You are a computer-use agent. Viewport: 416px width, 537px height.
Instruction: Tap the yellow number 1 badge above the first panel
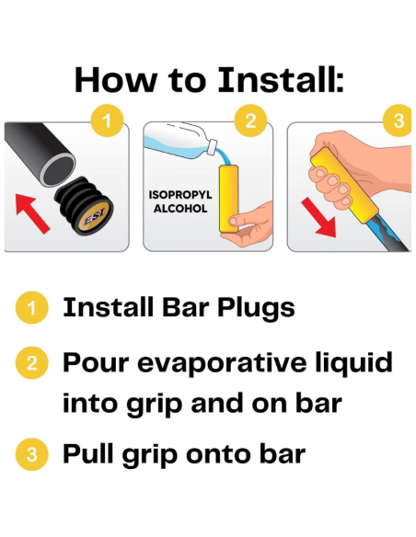tap(107, 120)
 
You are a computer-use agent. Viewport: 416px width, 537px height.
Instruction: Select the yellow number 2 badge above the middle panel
tap(250, 120)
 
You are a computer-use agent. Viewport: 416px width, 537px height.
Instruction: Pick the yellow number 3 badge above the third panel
tap(398, 120)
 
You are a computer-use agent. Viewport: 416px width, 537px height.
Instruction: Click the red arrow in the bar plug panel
tap(32, 213)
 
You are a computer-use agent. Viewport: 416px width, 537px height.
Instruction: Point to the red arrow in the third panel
tap(318, 219)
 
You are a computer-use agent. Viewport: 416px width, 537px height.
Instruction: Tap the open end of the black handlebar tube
tap(58, 169)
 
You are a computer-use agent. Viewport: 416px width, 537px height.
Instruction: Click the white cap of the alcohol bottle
tap(212, 145)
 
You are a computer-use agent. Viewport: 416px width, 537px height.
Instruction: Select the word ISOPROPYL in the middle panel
tap(180, 195)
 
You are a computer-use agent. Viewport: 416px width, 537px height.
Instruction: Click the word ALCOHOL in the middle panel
tap(180, 209)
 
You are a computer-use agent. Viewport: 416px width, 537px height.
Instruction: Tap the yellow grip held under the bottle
tap(228, 199)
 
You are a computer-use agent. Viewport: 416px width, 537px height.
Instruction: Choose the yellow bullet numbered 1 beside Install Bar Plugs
tap(31, 307)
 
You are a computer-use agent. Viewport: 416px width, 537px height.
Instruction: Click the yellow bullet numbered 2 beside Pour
tap(31, 362)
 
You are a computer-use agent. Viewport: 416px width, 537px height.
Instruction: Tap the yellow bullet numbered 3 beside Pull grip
tap(31, 454)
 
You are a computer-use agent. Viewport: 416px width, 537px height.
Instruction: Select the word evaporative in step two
tap(222, 362)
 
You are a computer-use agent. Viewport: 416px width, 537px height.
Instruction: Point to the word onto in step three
tap(217, 454)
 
